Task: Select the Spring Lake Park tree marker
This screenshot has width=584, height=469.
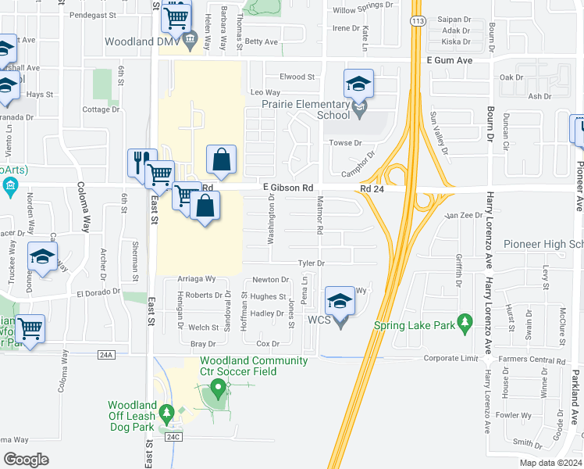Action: click(465, 321)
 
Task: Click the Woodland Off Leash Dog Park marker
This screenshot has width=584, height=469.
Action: click(166, 411)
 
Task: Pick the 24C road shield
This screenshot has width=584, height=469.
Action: click(173, 439)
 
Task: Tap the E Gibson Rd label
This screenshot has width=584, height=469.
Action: click(288, 188)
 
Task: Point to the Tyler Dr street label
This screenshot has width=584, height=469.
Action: click(310, 263)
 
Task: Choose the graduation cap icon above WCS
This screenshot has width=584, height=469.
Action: click(340, 300)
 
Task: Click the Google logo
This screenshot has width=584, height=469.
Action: click(26, 460)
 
